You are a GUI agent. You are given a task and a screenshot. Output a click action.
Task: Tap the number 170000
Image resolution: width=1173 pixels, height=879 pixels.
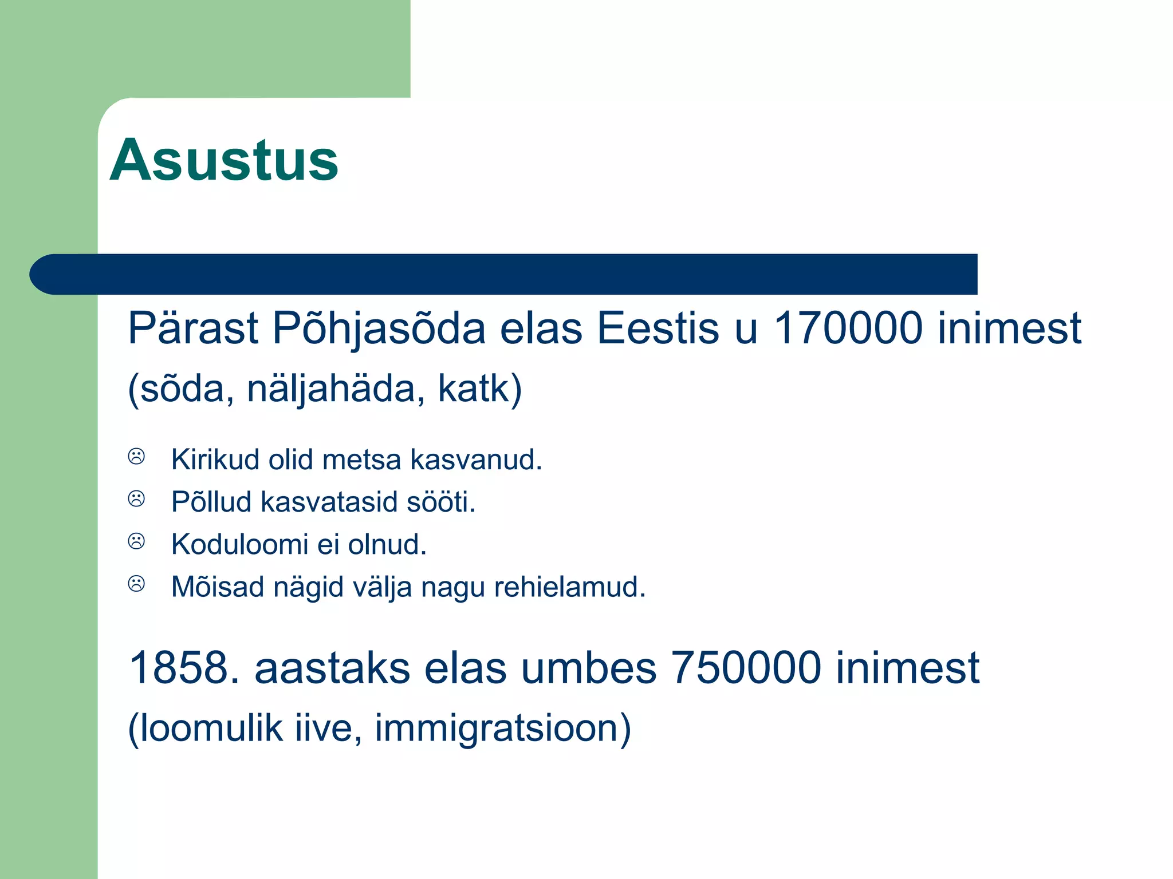pos(848,328)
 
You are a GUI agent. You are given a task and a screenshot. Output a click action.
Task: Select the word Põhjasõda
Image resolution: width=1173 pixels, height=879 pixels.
pos(379,329)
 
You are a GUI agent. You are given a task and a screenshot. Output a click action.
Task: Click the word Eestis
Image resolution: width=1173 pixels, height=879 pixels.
pos(658,328)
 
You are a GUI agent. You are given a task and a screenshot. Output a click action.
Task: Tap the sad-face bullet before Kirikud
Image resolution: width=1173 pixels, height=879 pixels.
pos(136,457)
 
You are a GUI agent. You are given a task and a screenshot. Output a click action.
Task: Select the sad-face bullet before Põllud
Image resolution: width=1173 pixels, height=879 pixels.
pos(136,499)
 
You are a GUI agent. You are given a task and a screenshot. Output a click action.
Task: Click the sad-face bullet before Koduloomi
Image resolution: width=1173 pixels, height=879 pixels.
pos(136,541)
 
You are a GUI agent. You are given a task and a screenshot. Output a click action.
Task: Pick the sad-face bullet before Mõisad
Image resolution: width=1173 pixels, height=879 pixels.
pos(136,584)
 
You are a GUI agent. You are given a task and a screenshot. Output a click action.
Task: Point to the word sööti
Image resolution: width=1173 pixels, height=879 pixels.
pos(440,502)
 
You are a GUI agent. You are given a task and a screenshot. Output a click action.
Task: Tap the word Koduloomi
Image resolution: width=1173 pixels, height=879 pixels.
pos(239,544)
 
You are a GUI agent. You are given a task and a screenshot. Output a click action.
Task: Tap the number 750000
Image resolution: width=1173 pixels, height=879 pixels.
pos(745,668)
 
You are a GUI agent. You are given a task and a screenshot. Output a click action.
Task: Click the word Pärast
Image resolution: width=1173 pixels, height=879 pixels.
pos(192,329)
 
